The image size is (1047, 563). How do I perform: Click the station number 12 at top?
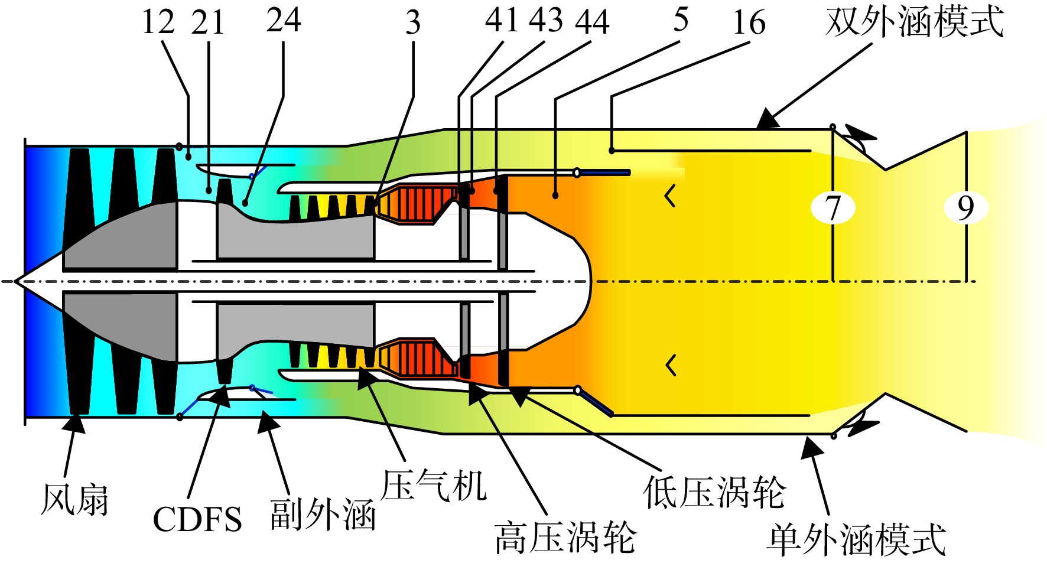click(x=158, y=22)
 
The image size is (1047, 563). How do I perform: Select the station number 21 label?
click(x=208, y=22)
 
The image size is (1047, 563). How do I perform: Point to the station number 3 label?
click(x=413, y=22)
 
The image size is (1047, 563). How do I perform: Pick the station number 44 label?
click(x=593, y=22)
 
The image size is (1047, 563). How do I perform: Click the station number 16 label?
click(x=749, y=22)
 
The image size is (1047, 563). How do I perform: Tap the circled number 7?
click(x=833, y=208)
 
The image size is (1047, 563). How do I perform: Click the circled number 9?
click(x=965, y=207)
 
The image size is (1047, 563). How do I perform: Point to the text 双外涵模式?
click(x=915, y=22)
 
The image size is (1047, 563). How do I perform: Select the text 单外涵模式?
click(x=856, y=539)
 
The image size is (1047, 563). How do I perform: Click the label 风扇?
click(x=75, y=499)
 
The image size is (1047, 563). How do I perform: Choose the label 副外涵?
click(x=323, y=514)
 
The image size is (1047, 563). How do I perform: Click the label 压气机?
click(x=434, y=486)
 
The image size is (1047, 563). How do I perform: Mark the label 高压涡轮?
click(x=566, y=538)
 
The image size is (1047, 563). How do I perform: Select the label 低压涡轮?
click(x=714, y=492)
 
